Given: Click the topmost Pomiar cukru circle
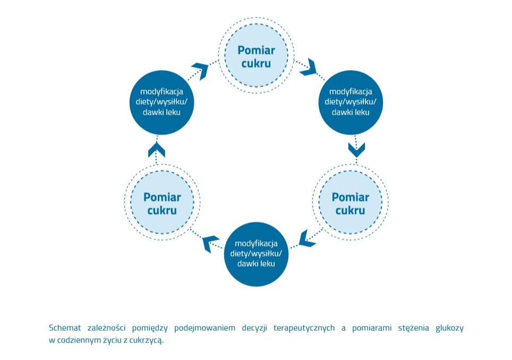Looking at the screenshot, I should (256, 56).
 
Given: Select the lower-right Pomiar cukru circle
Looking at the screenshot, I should (350, 203).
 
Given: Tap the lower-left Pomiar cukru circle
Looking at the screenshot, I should (162, 203).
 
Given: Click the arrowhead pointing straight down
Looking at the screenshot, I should (356, 149).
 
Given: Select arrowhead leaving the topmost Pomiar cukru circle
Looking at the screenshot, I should (308, 67).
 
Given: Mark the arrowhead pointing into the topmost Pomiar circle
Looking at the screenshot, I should (201, 69).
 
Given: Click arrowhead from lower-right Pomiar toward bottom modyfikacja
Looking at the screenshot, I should (307, 238).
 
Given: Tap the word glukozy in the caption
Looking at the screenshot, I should (449, 328).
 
